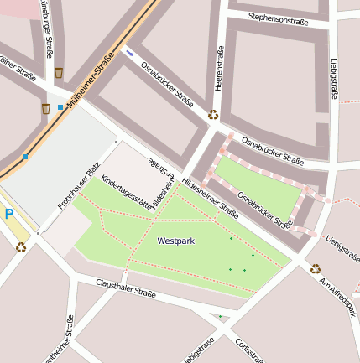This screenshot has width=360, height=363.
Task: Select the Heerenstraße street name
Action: pyautogui.click(x=221, y=70)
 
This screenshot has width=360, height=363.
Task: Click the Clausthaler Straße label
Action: pyautogui.click(x=126, y=289)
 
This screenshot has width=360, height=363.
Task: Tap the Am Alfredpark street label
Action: pyautogui.click(x=337, y=296)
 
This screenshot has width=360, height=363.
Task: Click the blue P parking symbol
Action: pyautogui.click(x=9, y=215)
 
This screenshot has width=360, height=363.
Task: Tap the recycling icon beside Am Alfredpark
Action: pyautogui.click(x=316, y=269)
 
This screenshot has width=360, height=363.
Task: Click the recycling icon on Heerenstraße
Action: pyautogui.click(x=213, y=115)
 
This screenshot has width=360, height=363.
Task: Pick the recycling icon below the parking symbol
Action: pyautogui.click(x=21, y=246)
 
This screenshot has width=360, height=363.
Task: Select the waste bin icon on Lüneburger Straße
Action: pyautogui.click(x=58, y=73)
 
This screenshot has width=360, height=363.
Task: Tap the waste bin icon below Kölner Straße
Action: pyautogui.click(x=45, y=108)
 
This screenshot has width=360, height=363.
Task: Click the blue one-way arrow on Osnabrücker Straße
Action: pyautogui.click(x=130, y=53)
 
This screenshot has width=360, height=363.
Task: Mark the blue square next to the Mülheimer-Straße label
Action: pyautogui.click(x=60, y=107)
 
